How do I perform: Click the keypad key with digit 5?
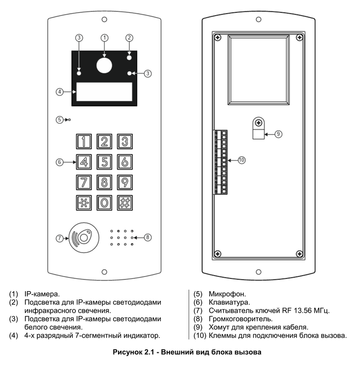point(104,161)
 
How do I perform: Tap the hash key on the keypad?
point(125,202)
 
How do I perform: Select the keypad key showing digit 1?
point(84,141)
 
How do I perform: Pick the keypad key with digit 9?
point(125,182)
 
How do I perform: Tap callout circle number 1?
point(104,37)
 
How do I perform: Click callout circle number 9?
point(278,133)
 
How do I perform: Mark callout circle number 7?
point(60,238)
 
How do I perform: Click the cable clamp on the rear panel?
point(258,128)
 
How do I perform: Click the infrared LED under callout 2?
point(129,58)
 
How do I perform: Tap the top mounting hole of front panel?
point(104,21)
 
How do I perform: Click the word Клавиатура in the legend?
point(229,302)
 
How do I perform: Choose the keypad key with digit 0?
point(104,202)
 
